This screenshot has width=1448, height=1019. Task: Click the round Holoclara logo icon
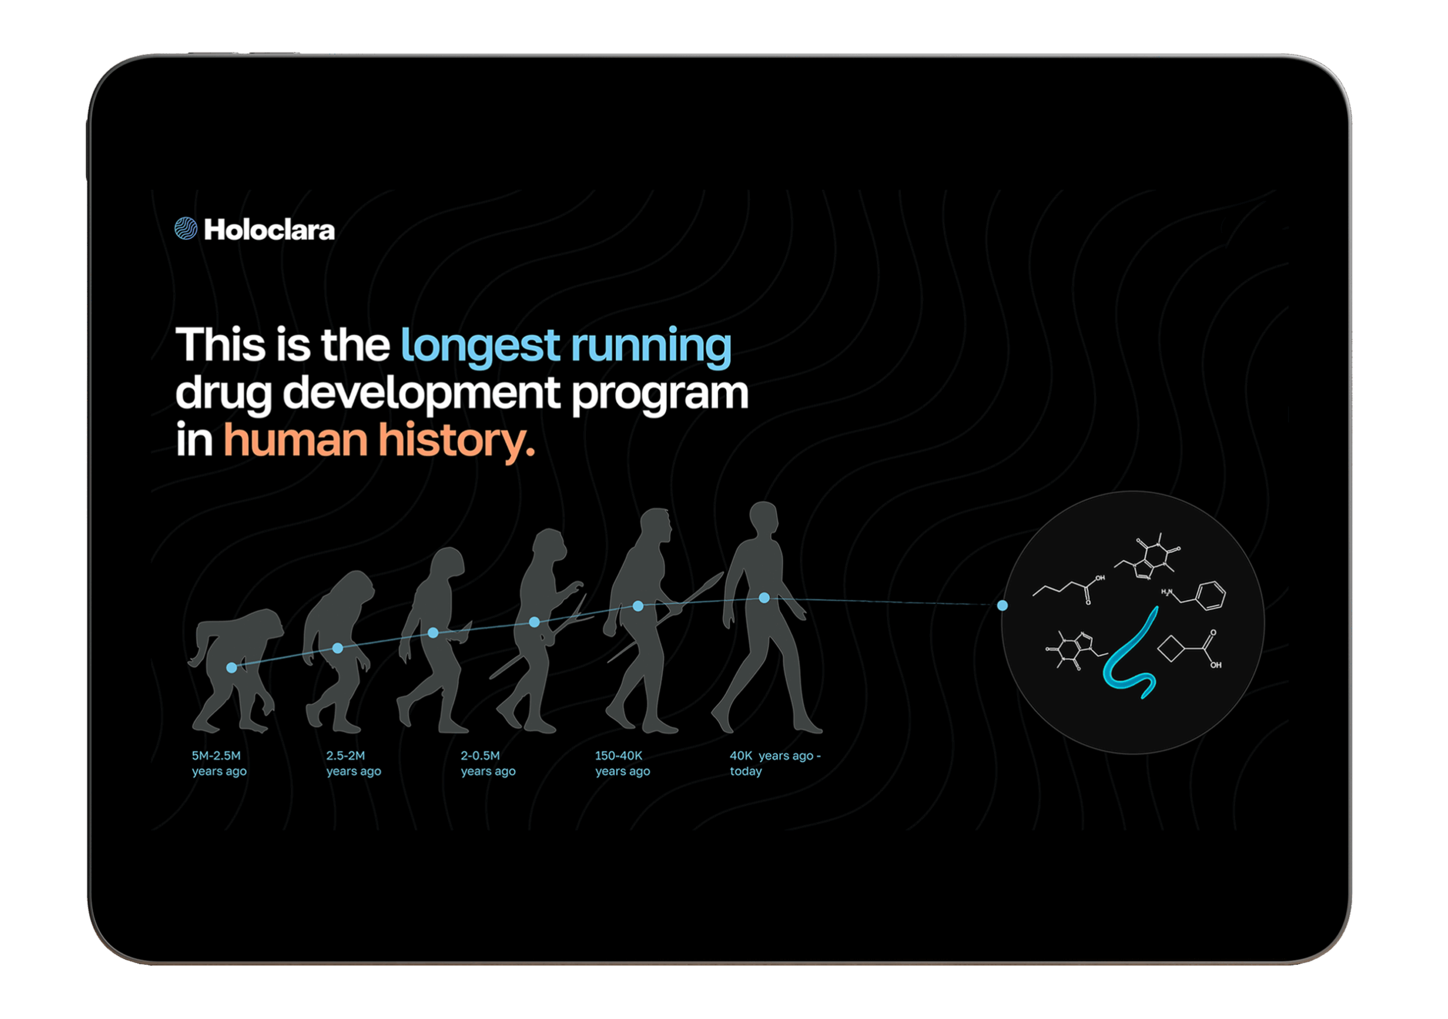tap(186, 229)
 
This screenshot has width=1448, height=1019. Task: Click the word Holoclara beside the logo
tap(269, 230)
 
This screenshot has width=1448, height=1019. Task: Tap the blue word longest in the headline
tap(481, 346)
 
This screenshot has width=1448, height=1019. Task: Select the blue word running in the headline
tap(652, 346)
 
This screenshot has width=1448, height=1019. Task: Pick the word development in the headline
tap(421, 394)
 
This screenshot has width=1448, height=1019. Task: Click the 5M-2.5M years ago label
tap(219, 763)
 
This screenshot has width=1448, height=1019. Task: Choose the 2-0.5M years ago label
tap(488, 763)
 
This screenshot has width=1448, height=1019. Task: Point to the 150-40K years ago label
tap(622, 763)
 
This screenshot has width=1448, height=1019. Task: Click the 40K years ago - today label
tap(775, 763)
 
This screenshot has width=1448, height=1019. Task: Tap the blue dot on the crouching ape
tap(231, 668)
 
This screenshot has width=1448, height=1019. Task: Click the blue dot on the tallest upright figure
tap(764, 597)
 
